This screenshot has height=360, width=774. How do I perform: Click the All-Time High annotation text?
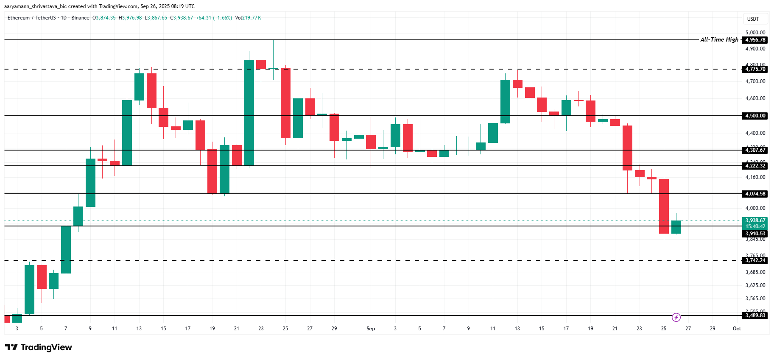719,39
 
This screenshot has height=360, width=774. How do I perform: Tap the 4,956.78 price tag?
755,40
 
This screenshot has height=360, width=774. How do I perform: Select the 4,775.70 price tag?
755,69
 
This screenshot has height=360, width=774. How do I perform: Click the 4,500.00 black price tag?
755,116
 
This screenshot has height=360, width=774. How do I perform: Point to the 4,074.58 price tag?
755,194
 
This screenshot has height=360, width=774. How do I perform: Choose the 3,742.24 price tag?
755,260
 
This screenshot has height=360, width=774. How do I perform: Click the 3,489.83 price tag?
755,315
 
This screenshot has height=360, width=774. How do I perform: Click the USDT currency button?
753,19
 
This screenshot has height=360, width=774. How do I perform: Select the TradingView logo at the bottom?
39,347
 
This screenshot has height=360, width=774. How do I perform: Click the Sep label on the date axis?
371,329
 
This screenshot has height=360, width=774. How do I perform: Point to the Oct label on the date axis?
737,329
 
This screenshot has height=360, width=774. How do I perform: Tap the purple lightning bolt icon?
676,317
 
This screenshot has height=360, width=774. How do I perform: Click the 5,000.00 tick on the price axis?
755,33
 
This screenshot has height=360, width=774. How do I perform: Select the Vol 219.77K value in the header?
249,18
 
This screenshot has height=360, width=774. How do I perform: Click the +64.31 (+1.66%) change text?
214,18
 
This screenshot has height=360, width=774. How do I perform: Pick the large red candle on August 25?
285,103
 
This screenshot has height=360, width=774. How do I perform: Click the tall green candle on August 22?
249,112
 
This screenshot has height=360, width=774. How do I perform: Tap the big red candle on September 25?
664,206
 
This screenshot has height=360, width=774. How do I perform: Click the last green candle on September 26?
676,227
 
